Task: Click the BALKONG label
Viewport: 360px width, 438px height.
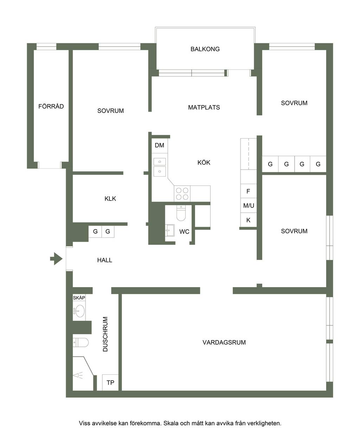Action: click(205, 49)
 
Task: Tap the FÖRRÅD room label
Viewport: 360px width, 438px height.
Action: click(51, 106)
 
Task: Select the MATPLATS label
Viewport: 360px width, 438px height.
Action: click(204, 107)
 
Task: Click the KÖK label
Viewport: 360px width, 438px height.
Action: click(204, 162)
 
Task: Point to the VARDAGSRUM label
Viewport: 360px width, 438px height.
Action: click(224, 342)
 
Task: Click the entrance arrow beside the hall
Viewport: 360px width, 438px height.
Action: click(56, 259)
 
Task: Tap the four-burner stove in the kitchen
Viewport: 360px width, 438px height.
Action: click(182, 193)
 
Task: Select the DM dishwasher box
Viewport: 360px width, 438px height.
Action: click(160, 146)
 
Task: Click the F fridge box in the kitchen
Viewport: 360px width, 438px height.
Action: click(248, 191)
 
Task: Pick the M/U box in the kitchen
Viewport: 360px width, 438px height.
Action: click(248, 205)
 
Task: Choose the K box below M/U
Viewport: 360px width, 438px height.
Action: click(248, 220)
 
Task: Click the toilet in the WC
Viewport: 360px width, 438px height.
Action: click(181, 213)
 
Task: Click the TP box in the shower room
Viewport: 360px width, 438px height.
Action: click(110, 382)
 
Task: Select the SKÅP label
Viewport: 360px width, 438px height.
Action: click(79, 298)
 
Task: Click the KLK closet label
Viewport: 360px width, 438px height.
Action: click(110, 198)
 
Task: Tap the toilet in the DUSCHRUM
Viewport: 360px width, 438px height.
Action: click(81, 342)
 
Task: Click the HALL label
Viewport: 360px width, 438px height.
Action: click(104, 260)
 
